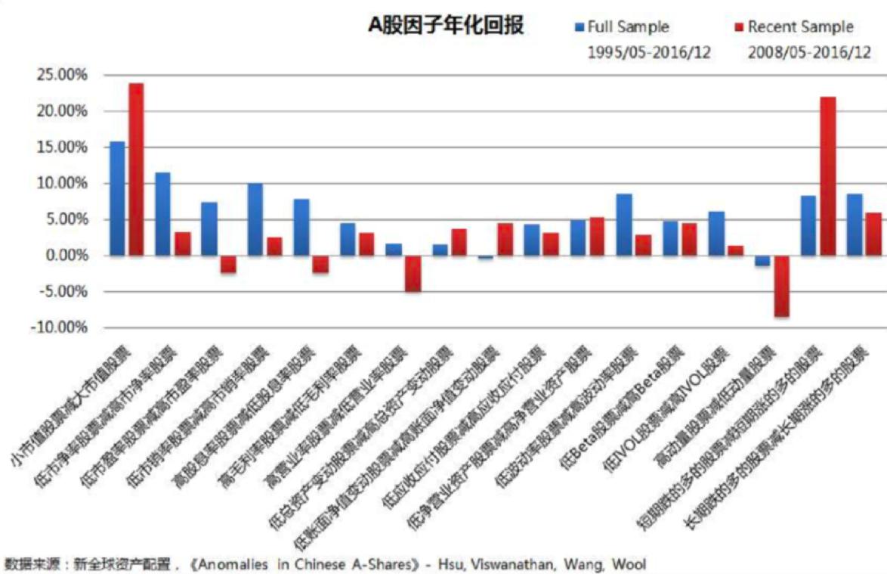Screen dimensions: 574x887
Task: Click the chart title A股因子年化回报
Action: (x=446, y=25)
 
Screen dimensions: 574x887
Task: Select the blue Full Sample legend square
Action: (x=579, y=27)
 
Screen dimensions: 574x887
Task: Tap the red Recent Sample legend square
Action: (x=739, y=27)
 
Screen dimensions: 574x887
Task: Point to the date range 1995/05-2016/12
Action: (x=649, y=53)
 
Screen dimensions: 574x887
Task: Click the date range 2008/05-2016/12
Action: (x=808, y=53)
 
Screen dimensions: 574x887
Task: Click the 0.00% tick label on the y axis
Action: (x=66, y=256)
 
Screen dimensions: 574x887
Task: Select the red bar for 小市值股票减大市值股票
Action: (x=136, y=169)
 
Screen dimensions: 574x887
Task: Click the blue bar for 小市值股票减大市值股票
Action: (x=117, y=198)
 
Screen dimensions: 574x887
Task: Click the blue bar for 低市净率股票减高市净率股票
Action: (x=162, y=214)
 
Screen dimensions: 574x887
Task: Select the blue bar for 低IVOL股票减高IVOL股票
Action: (x=715, y=234)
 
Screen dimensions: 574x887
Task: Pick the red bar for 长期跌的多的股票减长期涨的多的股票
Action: (x=873, y=234)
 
